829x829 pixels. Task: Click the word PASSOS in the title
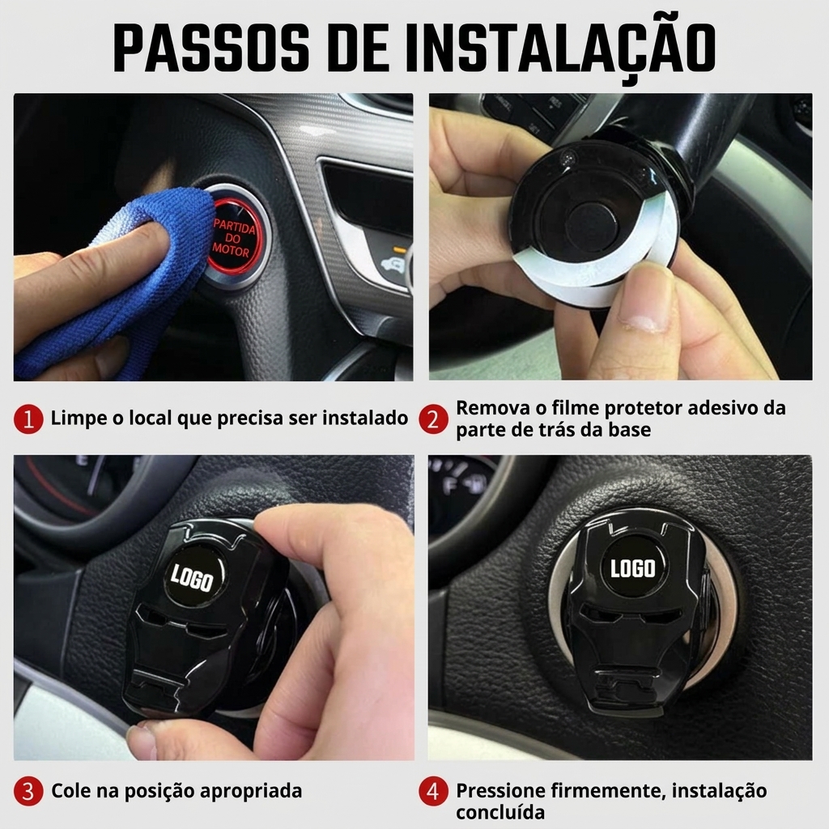pyautogui.click(x=211, y=48)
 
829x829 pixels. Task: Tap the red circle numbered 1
pyautogui.click(x=28, y=419)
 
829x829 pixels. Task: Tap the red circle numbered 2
pyautogui.click(x=434, y=419)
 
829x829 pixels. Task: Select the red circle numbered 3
pyautogui.click(x=28, y=792)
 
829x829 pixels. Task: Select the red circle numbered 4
pyautogui.click(x=434, y=792)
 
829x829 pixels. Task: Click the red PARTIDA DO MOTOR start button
pyautogui.click(x=232, y=237)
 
